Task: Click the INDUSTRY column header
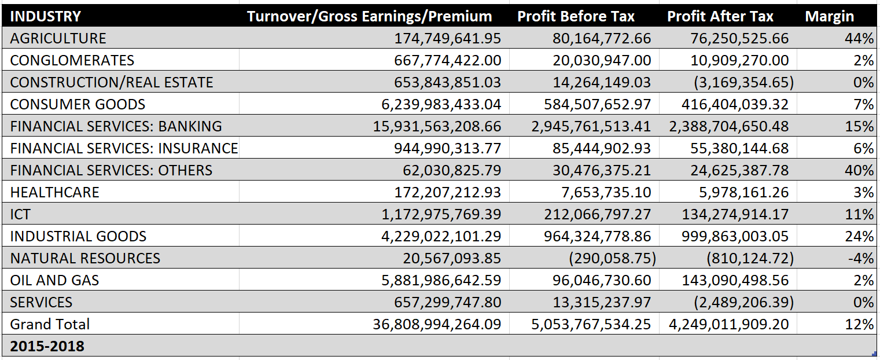point(46,16)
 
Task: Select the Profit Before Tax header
point(576,16)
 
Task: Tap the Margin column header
point(829,16)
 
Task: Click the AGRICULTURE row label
point(58,39)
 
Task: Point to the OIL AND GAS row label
point(55,281)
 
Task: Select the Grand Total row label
point(50,324)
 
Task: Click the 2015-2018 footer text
point(47,346)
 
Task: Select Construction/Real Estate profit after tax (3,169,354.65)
point(743,83)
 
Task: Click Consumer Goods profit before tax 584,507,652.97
point(597,105)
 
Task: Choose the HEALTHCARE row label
point(55,193)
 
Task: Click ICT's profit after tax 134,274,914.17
point(739,215)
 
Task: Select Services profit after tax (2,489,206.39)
point(743,303)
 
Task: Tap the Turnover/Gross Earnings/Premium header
point(369,16)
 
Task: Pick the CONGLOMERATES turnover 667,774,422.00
point(447,61)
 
